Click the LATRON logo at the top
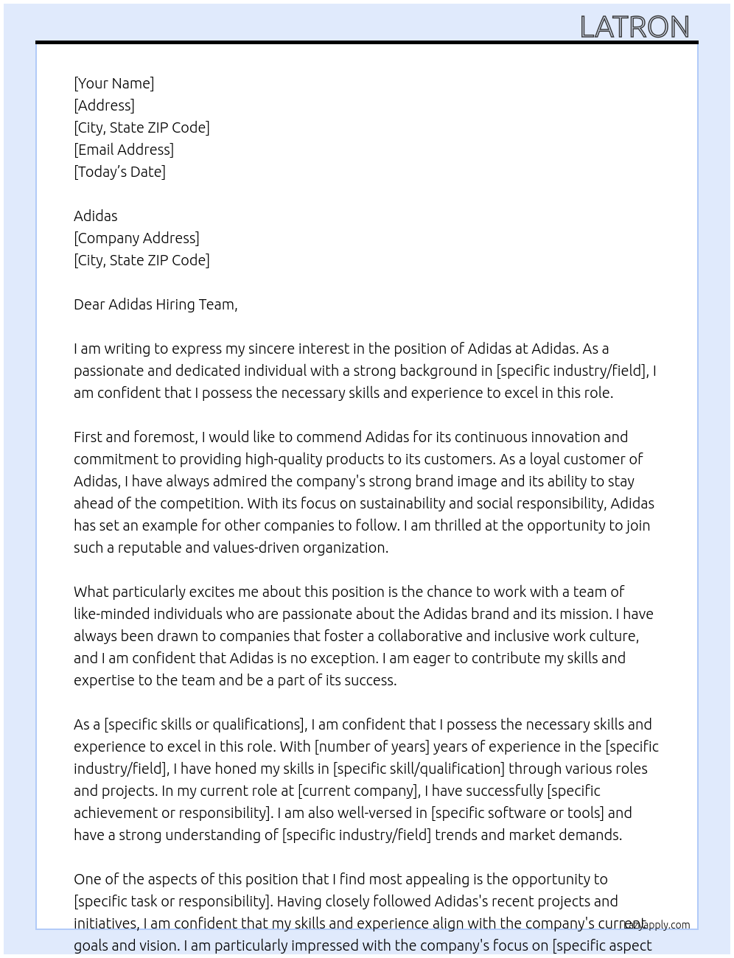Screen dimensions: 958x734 click(634, 27)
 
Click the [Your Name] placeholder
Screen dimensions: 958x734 click(114, 83)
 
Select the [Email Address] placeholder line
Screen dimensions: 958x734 click(124, 150)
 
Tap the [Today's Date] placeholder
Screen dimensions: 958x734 click(119, 172)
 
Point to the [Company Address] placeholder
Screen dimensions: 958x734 click(136, 238)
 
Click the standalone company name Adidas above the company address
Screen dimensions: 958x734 click(96, 216)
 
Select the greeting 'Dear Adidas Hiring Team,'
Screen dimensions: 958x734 click(155, 304)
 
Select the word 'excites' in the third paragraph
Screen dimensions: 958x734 click(214, 592)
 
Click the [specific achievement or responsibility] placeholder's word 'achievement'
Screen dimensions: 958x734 click(115, 813)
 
